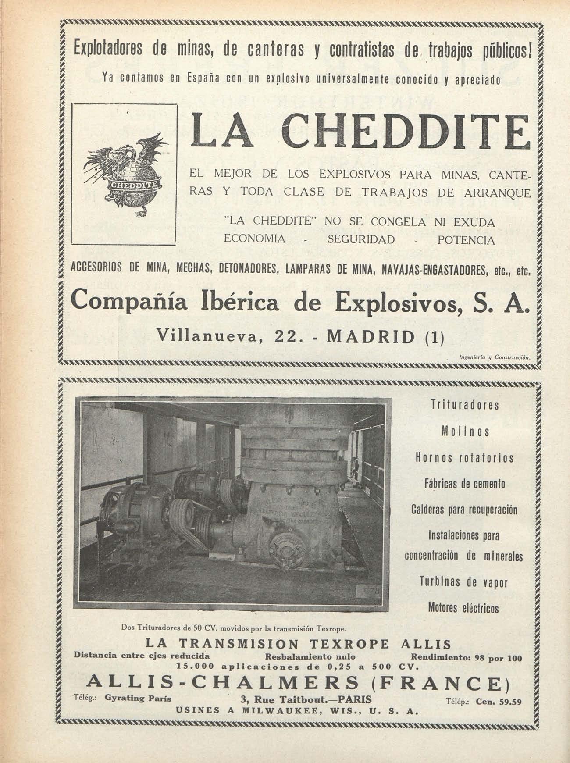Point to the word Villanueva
click(x=207, y=337)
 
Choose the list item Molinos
click(x=465, y=431)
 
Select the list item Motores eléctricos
click(x=463, y=608)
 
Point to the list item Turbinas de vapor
click(x=463, y=582)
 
